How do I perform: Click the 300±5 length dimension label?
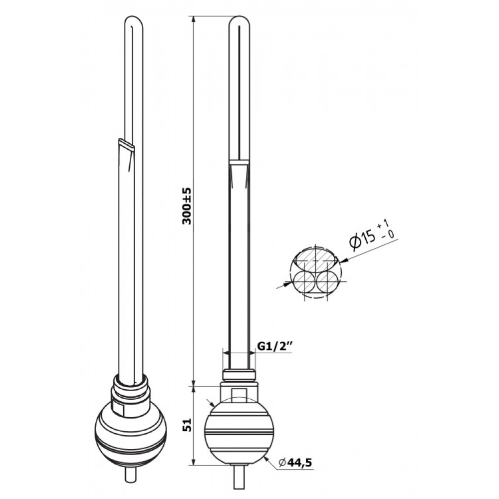187,206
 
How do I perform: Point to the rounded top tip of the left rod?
133,20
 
